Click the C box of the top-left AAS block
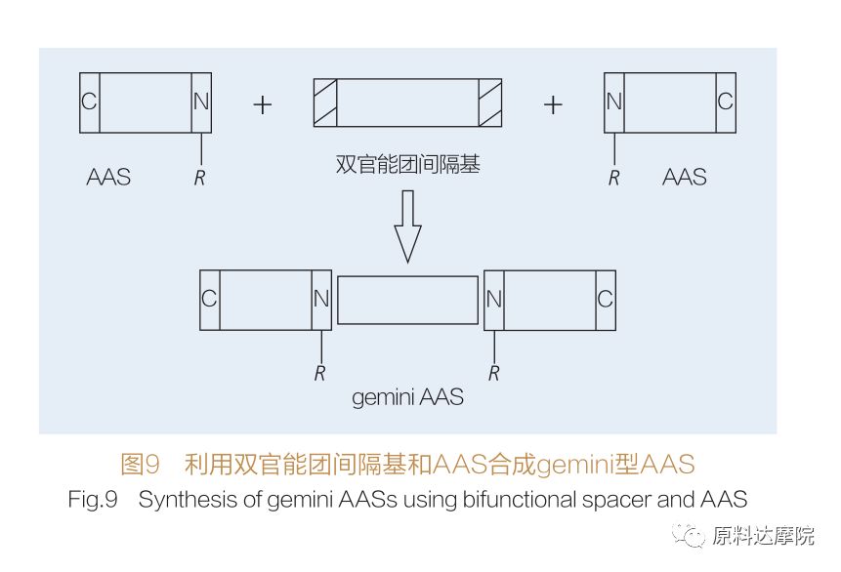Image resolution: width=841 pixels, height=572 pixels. [x=90, y=102]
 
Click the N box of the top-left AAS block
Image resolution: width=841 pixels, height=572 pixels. [x=201, y=102]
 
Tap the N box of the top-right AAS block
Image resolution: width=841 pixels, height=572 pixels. [x=614, y=102]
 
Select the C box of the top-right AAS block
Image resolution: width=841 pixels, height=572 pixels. [x=725, y=102]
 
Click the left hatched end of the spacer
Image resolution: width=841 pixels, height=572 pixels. [x=325, y=102]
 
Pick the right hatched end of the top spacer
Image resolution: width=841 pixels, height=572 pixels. [x=490, y=102]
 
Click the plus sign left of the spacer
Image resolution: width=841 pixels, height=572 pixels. [x=262, y=104]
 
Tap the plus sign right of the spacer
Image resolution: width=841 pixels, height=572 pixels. [x=553, y=104]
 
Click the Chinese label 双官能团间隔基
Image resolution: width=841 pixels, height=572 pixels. [x=407, y=165]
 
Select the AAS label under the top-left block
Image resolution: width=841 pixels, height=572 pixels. [x=108, y=178]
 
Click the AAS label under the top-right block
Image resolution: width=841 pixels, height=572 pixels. [x=685, y=178]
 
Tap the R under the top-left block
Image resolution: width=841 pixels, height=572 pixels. [x=200, y=178]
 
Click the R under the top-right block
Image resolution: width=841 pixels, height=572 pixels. [x=614, y=178]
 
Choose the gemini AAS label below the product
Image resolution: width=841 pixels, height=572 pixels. [x=407, y=397]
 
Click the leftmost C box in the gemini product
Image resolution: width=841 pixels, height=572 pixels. [x=210, y=300]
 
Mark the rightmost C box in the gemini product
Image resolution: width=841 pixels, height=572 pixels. [x=606, y=300]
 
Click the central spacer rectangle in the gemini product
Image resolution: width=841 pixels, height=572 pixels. [x=407, y=300]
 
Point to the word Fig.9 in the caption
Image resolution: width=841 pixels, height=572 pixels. [x=93, y=500]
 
